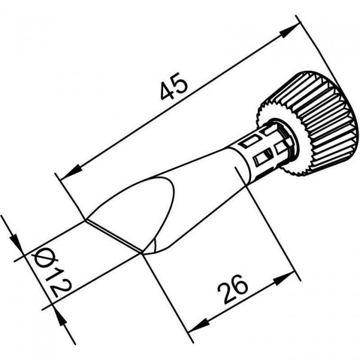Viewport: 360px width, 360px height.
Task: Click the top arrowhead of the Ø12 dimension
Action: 15,243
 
